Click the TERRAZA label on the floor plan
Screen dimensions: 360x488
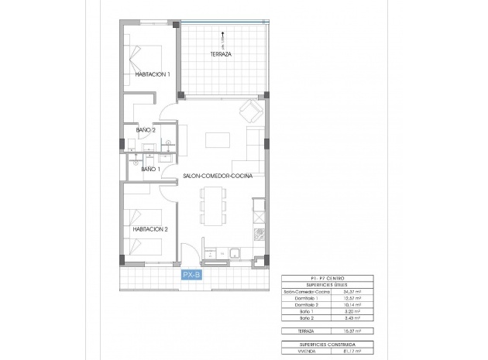(222, 55)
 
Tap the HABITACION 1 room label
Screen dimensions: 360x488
(152, 74)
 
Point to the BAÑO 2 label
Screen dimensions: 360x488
(146, 130)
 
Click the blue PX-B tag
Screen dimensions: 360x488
(191, 274)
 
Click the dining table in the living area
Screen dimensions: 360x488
(212, 208)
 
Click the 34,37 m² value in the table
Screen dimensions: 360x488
(359, 291)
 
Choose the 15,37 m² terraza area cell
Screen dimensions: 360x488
(359, 331)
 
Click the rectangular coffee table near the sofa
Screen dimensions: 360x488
(218, 141)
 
